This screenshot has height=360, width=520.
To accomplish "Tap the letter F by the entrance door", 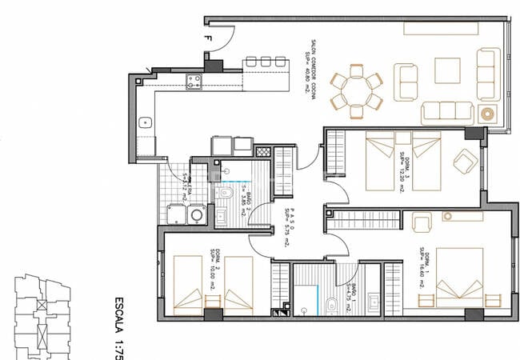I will click(207, 37).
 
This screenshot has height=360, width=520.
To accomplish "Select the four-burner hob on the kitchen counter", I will click(193, 80).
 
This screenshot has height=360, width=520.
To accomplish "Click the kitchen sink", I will click(146, 122).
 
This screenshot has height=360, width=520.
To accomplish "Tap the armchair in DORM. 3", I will click(465, 162).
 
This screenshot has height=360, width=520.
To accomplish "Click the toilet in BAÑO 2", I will click(227, 194).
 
